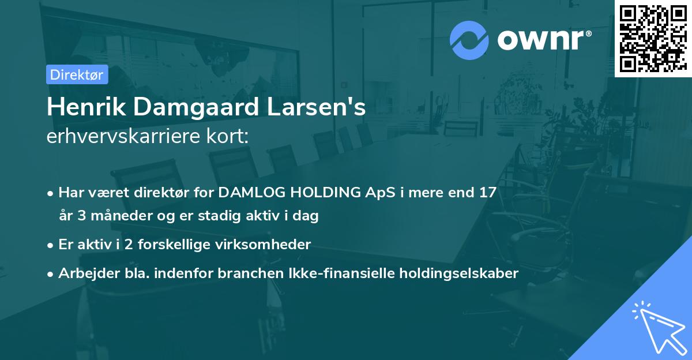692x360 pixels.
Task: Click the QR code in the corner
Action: click(653, 38)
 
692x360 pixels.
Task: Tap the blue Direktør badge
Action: click(77, 74)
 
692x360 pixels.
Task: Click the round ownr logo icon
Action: click(470, 40)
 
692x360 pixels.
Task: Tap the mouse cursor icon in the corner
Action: click(658, 328)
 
